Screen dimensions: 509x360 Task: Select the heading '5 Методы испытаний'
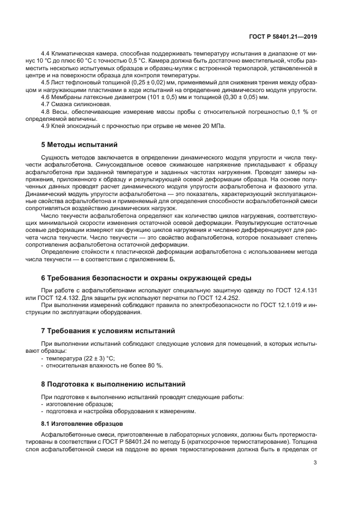80,145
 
